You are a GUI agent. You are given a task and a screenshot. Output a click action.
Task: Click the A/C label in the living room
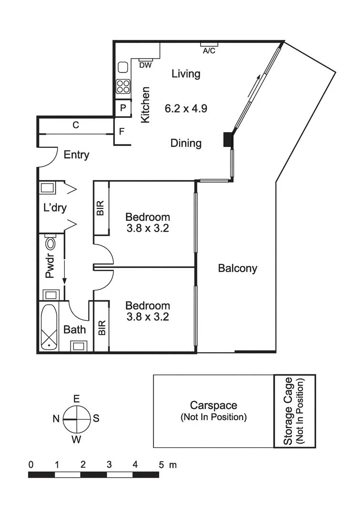[x=209, y=51]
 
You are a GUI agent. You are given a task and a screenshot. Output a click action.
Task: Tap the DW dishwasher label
[x=145, y=65]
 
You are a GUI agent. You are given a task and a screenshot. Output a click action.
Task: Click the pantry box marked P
[x=123, y=108]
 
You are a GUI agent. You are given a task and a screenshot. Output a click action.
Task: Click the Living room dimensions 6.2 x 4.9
[x=186, y=108]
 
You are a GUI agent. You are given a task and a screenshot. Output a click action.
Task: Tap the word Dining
[x=186, y=143]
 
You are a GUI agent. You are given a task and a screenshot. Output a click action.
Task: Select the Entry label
[x=76, y=155]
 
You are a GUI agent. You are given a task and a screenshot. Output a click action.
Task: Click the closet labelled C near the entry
[x=75, y=125]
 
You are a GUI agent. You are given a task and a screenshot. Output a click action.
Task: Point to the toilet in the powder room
[x=50, y=245]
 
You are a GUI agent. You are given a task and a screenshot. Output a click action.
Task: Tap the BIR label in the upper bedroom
[x=101, y=208]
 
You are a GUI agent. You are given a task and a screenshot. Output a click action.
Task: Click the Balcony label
[x=237, y=268]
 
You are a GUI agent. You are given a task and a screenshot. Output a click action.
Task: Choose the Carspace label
[x=214, y=405]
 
